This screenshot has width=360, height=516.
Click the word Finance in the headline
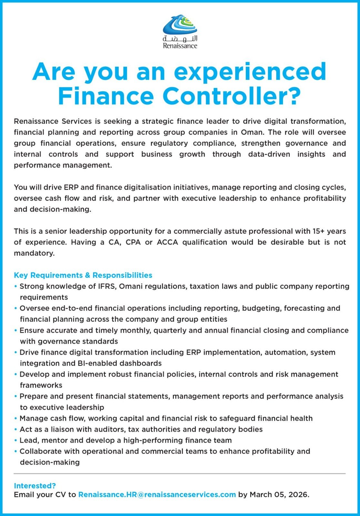point(106,96)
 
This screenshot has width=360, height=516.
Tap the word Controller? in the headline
point(232,96)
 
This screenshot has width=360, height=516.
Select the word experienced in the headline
point(250,72)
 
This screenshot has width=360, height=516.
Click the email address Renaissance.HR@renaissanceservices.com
point(157,495)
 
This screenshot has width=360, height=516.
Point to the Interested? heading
point(35,486)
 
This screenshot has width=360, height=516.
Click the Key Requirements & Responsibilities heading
point(83,275)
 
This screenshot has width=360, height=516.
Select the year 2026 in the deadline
point(298,495)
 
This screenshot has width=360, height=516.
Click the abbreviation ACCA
point(167,242)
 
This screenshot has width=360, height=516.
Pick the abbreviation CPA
point(133,242)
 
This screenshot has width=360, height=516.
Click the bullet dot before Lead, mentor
point(15,440)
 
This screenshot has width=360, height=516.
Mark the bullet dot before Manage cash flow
point(15,418)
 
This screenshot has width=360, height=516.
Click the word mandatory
point(34,253)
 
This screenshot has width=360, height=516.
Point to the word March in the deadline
point(261,495)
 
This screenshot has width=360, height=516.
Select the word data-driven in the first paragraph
point(269,154)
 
